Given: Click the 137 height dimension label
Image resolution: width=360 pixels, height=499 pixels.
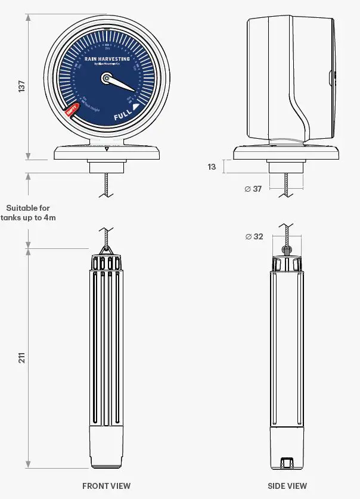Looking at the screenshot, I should pos(22,86).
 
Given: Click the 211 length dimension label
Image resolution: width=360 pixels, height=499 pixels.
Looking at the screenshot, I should pos(22,358).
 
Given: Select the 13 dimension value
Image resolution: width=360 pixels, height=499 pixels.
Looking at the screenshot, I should pos(212,167).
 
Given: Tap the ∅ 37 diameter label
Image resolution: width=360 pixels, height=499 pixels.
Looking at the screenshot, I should pos(253,189).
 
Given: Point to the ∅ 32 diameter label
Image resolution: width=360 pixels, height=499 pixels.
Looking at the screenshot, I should pos(254,236).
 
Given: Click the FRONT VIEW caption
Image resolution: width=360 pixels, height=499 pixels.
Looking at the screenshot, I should pos(106,486).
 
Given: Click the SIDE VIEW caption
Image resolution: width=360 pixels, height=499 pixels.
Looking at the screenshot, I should pos(288,486).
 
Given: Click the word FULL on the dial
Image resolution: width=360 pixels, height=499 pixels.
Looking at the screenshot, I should pos(123,115).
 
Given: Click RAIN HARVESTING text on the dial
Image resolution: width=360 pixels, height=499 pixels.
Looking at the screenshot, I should pos(107,59).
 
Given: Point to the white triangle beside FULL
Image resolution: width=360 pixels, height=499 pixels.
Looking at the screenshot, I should pos(136,107).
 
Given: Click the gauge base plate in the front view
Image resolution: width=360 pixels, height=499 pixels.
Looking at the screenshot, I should pos(107,153).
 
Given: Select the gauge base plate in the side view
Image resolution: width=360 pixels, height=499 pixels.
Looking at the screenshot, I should pos(286,153).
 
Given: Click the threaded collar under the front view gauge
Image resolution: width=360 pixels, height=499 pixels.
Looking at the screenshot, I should pos(107,167).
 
